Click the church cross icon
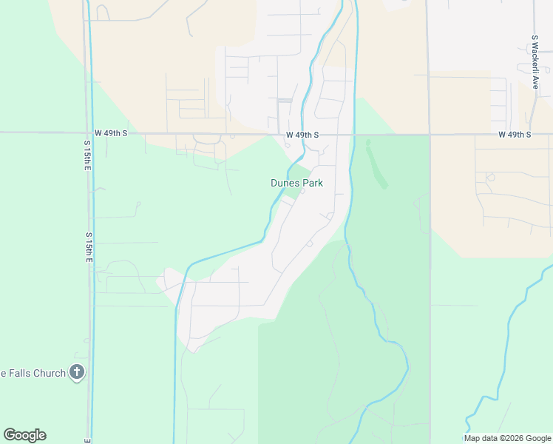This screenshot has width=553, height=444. point(77,372)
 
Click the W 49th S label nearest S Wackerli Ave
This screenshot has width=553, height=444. point(515,135)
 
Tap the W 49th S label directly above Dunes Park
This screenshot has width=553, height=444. point(302,135)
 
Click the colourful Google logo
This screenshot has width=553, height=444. point(24,435)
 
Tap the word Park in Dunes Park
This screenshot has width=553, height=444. point(312,183)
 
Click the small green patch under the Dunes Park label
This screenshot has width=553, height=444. point(293,194)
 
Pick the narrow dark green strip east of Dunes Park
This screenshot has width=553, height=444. point(376,164)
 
